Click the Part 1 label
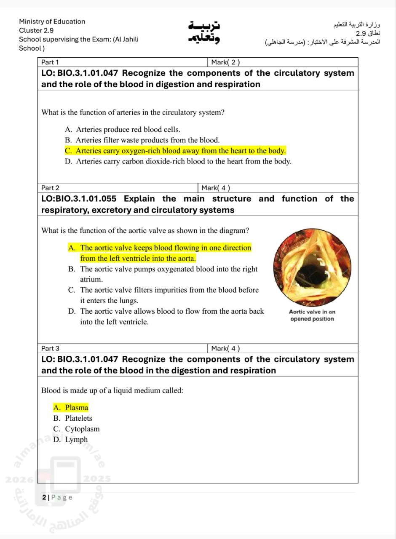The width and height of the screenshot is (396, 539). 50,62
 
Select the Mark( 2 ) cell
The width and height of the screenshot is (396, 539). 225,62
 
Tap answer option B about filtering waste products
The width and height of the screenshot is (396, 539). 142,140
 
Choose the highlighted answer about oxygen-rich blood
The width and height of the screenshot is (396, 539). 175,151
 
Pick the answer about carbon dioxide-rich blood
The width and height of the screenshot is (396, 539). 178,161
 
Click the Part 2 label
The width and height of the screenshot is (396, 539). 51,188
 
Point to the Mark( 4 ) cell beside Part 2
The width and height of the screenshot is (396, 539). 216,188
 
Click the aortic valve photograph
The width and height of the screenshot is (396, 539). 312,268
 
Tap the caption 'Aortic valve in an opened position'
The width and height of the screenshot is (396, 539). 312,315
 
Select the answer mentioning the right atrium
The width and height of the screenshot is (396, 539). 163,274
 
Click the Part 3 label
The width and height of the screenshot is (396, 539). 51,348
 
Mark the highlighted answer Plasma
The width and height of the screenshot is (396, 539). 71,408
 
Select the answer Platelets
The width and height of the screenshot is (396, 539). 73,418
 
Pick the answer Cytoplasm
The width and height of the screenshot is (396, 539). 77,429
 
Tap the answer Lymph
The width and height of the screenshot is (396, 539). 71,440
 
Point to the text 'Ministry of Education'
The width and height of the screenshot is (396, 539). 52,21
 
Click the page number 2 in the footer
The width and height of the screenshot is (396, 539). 44,497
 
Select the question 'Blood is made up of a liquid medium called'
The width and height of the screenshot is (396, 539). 112,390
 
